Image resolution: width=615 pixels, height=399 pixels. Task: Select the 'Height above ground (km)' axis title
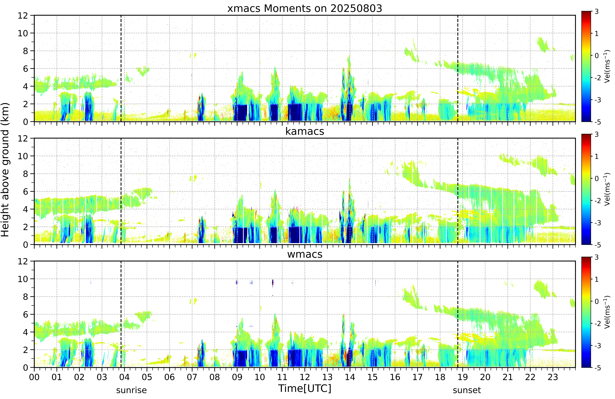tap(5, 170)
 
